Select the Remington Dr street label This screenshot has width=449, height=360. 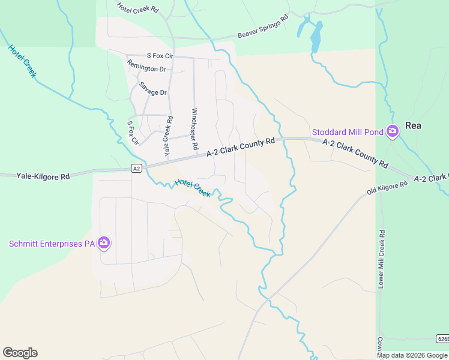click(146, 69)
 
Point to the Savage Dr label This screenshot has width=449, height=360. click(152, 92)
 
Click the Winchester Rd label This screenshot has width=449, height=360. click(194, 129)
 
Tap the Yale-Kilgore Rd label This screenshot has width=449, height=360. click(43, 176)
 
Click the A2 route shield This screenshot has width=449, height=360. click(137, 169)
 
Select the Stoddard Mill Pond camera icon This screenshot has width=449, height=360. click(393, 131)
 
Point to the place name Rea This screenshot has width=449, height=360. click(413, 125)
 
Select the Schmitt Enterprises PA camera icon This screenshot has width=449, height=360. click(104, 242)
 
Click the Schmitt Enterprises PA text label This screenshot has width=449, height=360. click(52, 244)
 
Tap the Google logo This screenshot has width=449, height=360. click(20, 353)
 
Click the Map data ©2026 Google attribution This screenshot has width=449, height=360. click(412, 355)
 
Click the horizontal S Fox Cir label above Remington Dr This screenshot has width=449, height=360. click(155, 56)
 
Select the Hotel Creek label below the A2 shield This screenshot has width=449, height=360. click(193, 188)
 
